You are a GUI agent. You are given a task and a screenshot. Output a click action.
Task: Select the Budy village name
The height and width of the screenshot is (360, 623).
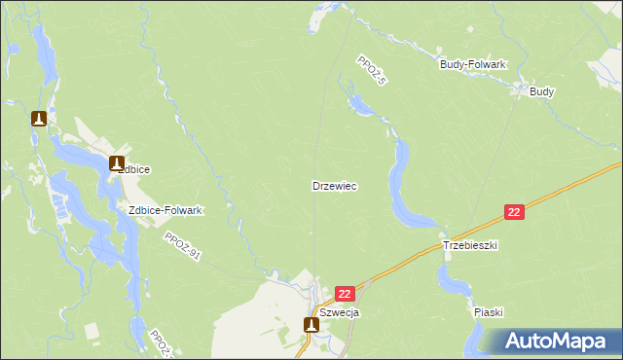[x=542, y=91]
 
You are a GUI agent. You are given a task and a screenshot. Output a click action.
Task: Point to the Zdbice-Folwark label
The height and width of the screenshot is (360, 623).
[x=159, y=210]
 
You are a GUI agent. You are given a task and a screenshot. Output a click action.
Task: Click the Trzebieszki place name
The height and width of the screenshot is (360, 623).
[x=470, y=246]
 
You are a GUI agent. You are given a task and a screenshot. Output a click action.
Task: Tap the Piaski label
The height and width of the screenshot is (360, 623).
[x=489, y=312]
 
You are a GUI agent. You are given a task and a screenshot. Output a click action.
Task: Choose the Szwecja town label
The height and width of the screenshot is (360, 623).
[x=340, y=312]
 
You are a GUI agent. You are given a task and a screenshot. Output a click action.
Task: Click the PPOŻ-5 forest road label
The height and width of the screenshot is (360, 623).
[x=371, y=70]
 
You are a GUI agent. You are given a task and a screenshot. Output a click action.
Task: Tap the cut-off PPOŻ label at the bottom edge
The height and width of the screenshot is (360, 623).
[x=159, y=342]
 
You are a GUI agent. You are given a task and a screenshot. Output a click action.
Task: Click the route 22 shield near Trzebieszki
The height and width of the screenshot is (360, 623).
[x=515, y=212]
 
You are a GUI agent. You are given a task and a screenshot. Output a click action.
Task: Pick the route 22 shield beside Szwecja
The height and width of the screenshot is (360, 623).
[x=346, y=293]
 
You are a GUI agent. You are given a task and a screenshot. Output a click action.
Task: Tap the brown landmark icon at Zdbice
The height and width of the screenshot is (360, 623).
[x=117, y=163]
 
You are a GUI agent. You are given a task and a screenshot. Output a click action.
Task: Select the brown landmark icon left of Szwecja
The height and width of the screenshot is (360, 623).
[x=311, y=324]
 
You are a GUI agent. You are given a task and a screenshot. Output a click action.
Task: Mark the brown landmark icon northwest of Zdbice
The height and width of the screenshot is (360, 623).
[x=39, y=119]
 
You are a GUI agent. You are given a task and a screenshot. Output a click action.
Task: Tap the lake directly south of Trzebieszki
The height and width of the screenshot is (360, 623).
[x=454, y=281]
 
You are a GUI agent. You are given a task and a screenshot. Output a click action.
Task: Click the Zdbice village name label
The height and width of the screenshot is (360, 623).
[x=133, y=169]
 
